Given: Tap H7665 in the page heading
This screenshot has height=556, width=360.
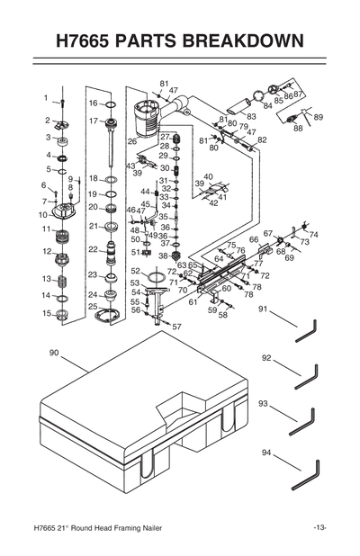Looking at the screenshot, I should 91,41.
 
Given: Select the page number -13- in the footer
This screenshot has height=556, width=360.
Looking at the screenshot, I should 319,527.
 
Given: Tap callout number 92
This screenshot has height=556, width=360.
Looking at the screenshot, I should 266,357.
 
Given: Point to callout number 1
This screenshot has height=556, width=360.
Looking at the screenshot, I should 44,97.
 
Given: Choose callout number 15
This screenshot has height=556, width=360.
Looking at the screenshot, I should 45,314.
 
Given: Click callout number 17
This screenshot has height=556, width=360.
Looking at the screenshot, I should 93,121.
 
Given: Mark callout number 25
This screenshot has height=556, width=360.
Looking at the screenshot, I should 93,308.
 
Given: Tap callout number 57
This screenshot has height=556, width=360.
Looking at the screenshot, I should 176,327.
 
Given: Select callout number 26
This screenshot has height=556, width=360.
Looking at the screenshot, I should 132,141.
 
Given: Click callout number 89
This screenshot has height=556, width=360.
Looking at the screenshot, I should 319,118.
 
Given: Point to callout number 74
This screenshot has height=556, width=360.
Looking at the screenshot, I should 313,235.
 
